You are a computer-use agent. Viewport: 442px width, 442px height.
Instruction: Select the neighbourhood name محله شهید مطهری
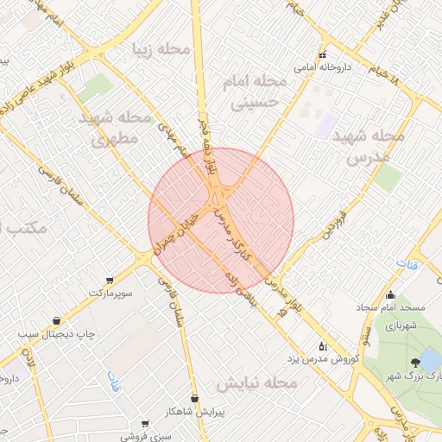coord(114,126)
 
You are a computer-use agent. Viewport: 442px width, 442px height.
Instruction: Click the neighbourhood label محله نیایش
coord(256,382)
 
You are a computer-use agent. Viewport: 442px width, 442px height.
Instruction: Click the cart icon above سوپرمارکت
coord(110,281)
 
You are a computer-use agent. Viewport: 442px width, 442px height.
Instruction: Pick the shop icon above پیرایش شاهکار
coord(195,398)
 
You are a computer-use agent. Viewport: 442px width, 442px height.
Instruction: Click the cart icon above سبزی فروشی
coord(143,424)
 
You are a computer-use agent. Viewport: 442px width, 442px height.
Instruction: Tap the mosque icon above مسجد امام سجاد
coord(391,294)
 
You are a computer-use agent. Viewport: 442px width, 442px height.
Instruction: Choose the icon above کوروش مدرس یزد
coord(323,345)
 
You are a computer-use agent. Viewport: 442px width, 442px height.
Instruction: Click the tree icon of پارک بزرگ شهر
coord(416,362)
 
